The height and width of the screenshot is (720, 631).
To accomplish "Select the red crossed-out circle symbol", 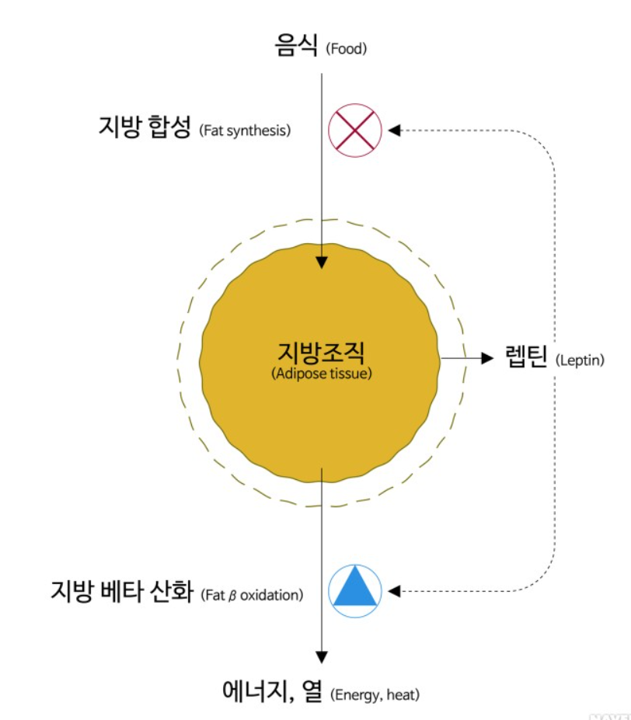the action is pyautogui.click(x=355, y=129).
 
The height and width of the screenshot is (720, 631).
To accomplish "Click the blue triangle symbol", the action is pyautogui.click(x=355, y=590).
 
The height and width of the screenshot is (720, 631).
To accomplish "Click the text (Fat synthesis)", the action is pyautogui.click(x=245, y=130).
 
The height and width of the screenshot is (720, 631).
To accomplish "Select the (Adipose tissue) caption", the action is pyautogui.click(x=321, y=374).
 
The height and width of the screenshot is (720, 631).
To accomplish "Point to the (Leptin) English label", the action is pyautogui.click(x=580, y=360).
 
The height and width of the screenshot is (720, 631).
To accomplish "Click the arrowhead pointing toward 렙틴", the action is pyautogui.click(x=488, y=358).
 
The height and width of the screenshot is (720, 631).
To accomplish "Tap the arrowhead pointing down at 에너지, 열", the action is pyautogui.click(x=321, y=656).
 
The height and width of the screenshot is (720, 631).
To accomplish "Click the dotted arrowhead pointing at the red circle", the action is pyautogui.click(x=393, y=129).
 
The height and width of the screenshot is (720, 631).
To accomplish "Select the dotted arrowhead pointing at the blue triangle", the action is pyautogui.click(x=393, y=591).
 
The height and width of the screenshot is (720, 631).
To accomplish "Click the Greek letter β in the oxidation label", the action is pyautogui.click(x=232, y=597).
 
